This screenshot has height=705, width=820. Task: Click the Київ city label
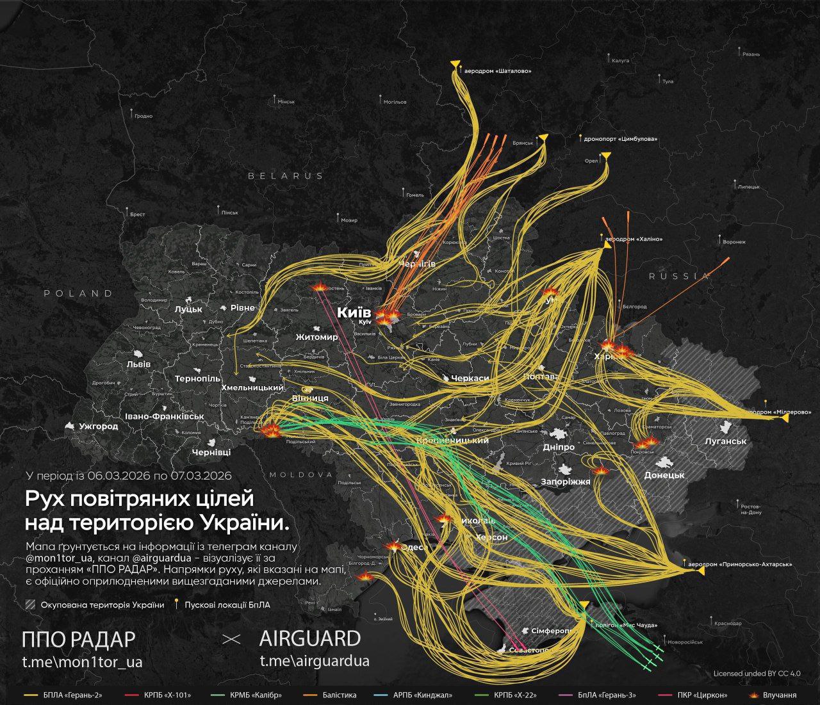pos(354,312)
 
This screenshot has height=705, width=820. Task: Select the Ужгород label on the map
pos(99,426)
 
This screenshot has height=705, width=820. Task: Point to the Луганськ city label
pos(725,441)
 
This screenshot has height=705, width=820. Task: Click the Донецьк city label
pos(664,475)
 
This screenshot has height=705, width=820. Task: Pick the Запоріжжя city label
pos(565,482)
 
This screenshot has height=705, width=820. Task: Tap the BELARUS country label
pos(286,175)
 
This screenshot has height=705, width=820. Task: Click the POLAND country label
pos(78,293)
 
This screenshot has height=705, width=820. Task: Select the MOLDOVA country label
pos(301,474)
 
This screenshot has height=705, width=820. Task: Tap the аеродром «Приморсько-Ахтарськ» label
pos(739,565)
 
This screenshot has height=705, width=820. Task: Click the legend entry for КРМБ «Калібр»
pos(256,695)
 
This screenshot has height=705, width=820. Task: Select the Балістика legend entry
pos(339,695)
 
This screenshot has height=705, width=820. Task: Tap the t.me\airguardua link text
pos(314,661)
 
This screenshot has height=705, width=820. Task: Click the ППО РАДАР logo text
pos(79,639)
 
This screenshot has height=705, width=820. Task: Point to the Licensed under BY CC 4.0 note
pos(757,674)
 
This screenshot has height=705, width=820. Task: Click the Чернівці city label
pos(211,452)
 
